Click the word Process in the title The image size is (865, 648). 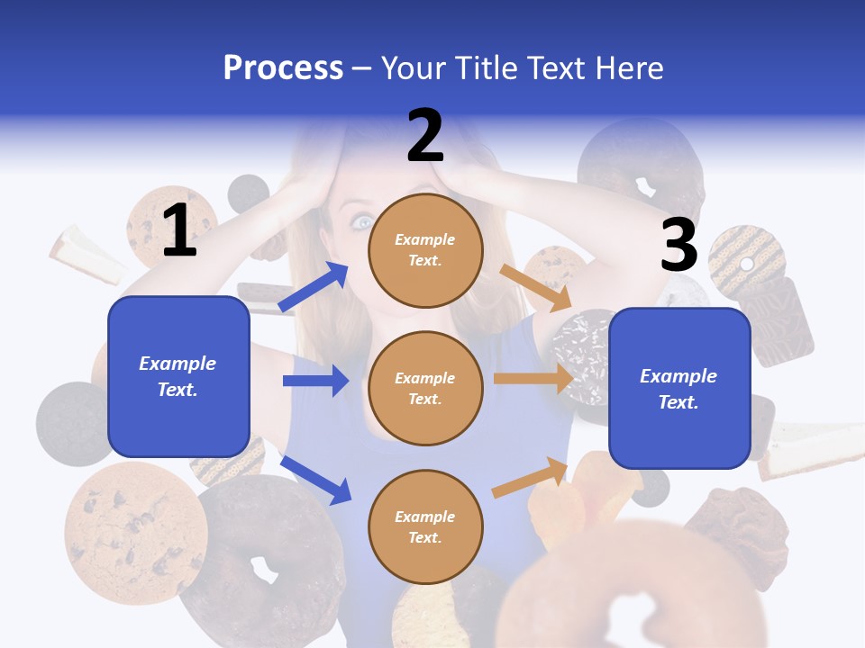coord(283,67)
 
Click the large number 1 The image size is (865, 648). coord(179,230)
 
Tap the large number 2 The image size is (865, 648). coord(425,135)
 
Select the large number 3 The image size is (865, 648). coord(678,245)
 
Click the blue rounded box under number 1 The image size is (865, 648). coord(178,376)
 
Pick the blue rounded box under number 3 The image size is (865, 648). coord(679,389)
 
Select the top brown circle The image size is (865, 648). coord(425,250)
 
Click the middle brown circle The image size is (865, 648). coord(425,388)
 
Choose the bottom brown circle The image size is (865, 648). coord(425,526)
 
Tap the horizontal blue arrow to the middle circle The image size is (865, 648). coord(315,381)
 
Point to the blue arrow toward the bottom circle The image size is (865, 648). coord(315,479)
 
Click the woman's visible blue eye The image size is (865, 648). coord(362,222)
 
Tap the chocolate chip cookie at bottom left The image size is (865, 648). coord(135,532)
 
